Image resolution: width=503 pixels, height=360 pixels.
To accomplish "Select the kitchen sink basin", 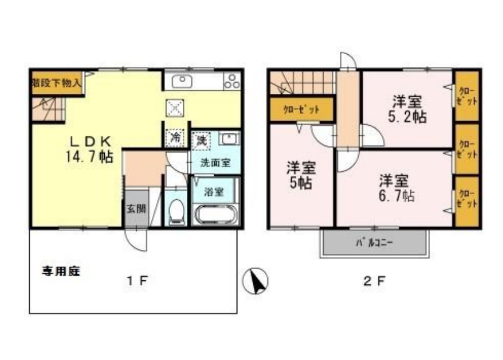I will [183, 80].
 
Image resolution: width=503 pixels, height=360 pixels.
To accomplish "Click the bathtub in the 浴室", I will [215, 214].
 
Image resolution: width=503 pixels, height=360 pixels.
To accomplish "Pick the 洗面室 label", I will [215, 164].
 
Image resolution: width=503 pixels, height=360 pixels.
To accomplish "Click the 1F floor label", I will [137, 281].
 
